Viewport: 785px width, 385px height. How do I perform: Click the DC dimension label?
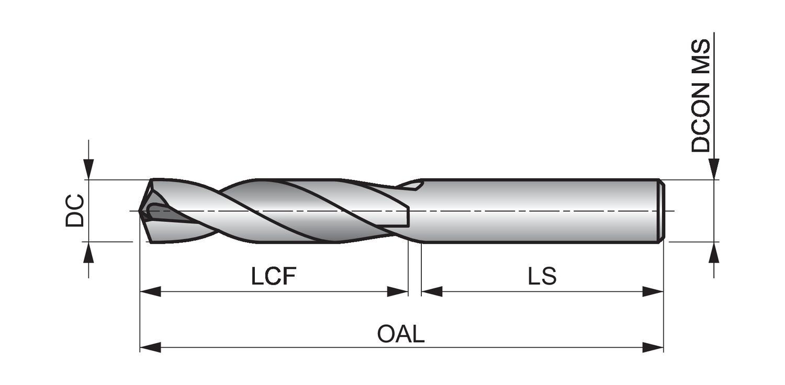[x=74, y=210]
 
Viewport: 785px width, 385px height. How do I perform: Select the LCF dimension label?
[x=274, y=276]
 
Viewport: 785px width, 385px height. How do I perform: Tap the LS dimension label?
[x=542, y=276]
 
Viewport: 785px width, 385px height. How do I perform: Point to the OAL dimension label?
[x=401, y=334]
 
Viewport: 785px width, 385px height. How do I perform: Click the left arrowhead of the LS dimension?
[x=432, y=291]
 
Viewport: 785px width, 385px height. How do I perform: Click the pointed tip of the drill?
[x=140, y=211]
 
